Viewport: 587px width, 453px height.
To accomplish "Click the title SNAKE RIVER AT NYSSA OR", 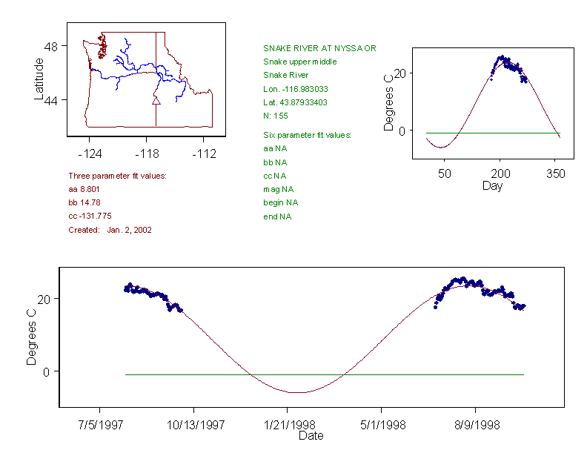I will pyautogui.click(x=319, y=48).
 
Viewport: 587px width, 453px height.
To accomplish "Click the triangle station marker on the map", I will pyautogui.click(x=156, y=100).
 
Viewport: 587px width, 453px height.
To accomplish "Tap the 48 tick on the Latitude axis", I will pyautogui.click(x=52, y=46).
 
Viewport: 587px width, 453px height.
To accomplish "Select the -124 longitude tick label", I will pyautogui.click(x=90, y=154).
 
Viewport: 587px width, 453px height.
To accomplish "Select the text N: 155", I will pyautogui.click(x=276, y=116).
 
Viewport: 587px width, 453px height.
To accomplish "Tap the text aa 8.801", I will pyautogui.click(x=84, y=189).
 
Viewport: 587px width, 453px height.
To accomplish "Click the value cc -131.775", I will pyautogui.click(x=90, y=216).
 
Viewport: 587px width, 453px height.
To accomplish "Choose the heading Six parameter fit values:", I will pyautogui.click(x=307, y=135).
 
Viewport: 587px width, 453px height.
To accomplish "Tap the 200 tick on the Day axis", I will pyautogui.click(x=500, y=173).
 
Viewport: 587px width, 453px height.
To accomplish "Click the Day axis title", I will pyautogui.click(x=492, y=186).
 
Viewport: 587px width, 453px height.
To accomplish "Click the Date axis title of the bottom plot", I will pyautogui.click(x=311, y=436).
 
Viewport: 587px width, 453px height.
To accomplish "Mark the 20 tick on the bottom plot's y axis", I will pyautogui.click(x=44, y=298).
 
